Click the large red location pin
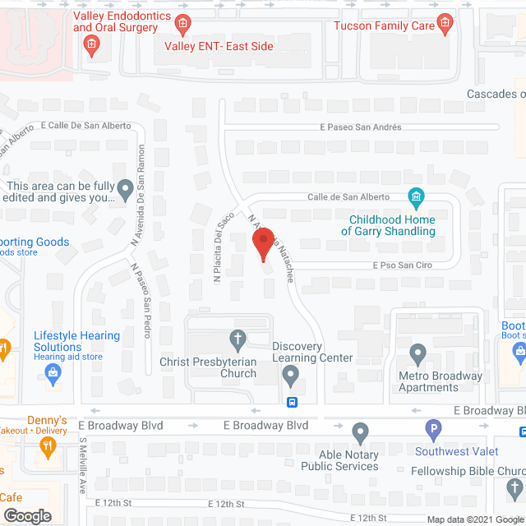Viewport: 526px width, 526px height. pyautogui.click(x=263, y=243)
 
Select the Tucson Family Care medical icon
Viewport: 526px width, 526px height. pyautogui.click(x=445, y=22)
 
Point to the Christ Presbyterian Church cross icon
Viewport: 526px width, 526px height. pyautogui.click(x=238, y=339)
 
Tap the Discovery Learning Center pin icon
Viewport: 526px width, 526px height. pyautogui.click(x=290, y=377)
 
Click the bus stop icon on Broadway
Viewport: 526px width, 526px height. pyautogui.click(x=292, y=403)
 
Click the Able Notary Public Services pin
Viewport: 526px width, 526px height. pyautogui.click(x=360, y=432)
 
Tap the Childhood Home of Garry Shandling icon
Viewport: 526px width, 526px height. pyautogui.click(x=417, y=196)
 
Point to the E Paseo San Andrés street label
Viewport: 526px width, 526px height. pyautogui.click(x=361, y=127)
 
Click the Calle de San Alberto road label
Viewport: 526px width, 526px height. pyautogui.click(x=348, y=197)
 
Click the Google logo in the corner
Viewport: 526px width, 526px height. pyautogui.click(x=27, y=515)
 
